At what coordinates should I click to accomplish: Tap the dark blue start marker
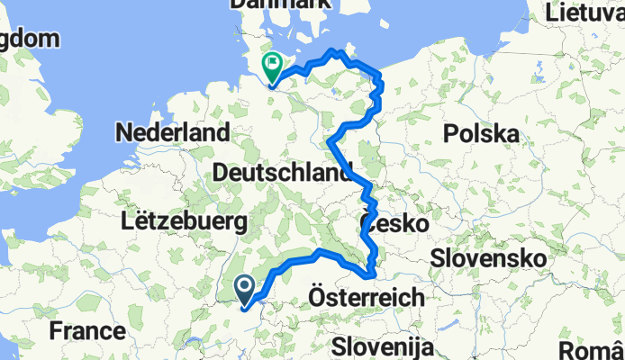coord(245,288)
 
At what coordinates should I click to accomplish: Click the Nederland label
coord(172,133)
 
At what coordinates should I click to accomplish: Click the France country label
coord(87,330)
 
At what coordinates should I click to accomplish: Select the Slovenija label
coord(383,346)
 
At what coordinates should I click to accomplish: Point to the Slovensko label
coord(487,257)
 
